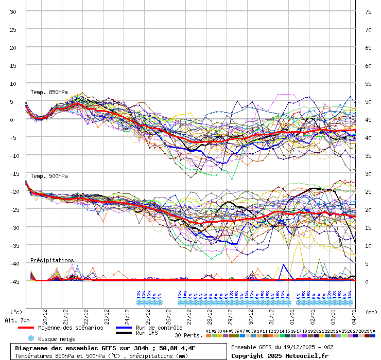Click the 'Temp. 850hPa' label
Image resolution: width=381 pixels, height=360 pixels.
49,93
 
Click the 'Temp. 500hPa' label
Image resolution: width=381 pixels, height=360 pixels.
49,176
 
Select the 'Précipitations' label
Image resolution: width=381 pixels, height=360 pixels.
52,260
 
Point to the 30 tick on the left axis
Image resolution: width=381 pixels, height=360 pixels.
13,12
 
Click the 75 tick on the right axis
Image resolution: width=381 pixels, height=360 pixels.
368,12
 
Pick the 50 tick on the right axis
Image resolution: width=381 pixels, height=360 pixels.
368,102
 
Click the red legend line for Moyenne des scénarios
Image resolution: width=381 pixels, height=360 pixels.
33,328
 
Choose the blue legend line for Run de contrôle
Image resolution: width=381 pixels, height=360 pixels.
124,328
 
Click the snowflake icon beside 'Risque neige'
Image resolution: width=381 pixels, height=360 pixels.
31,338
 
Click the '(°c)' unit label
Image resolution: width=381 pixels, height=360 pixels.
16,312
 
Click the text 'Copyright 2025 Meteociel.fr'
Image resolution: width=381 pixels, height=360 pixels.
276,355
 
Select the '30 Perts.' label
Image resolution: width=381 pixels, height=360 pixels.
188,335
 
